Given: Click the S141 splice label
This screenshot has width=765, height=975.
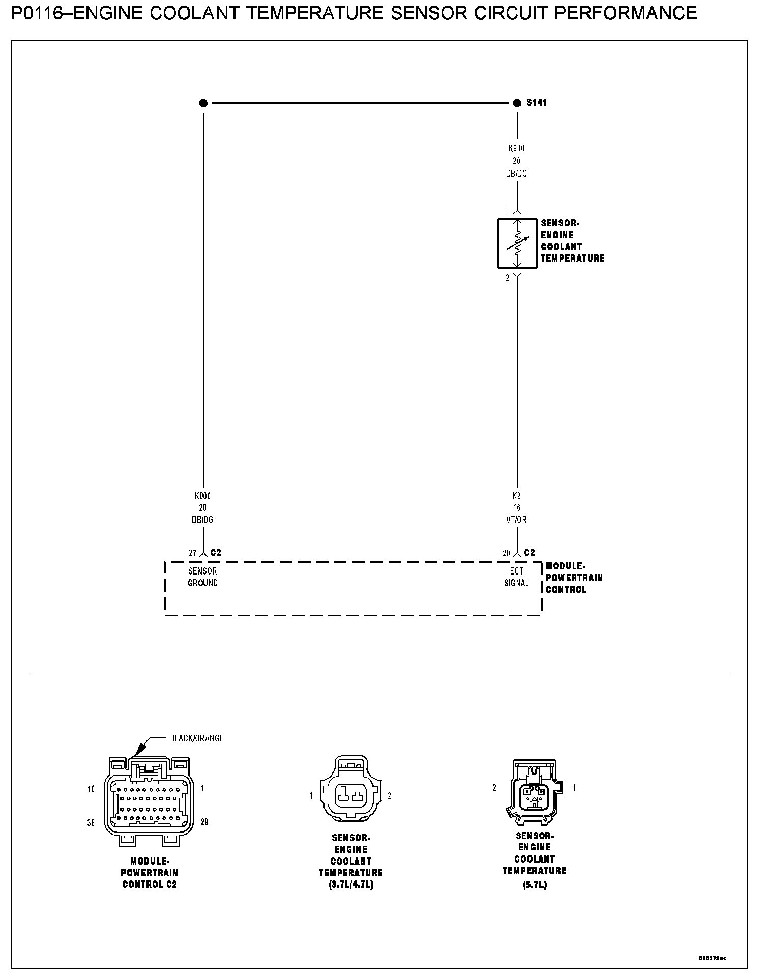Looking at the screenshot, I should coord(536,103).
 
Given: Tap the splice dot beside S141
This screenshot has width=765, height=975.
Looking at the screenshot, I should coord(517,103).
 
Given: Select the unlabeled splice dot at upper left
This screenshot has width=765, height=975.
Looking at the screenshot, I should coord(203,103).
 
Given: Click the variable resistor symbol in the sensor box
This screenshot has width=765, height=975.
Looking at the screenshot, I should coord(517,243).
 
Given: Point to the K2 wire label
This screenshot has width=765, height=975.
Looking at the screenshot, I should coord(516,496).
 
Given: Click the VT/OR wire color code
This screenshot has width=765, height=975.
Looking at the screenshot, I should coord(516,520).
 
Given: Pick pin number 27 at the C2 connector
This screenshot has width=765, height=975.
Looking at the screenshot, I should coord(193,553).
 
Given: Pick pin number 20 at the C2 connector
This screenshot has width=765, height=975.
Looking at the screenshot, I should coord(506,553).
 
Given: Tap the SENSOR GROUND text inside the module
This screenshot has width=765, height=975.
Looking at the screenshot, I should coord(202,577).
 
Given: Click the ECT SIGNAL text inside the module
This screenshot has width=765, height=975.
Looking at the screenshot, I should coord(516,577).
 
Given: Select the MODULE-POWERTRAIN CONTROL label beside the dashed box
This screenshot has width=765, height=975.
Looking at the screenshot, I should coord(574,578).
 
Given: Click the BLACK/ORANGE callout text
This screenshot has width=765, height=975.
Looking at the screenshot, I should coord(197,738).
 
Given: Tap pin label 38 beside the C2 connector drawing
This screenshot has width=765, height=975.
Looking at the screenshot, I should coord(91,823).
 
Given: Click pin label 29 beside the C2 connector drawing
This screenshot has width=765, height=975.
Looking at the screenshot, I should coord(204,822).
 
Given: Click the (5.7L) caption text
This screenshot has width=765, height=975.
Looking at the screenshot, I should coord(535,885).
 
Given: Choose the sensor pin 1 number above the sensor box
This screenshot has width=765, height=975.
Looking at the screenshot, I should coord(507,209).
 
